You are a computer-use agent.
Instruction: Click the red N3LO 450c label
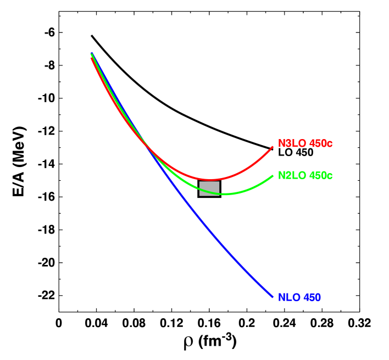pos(305,143)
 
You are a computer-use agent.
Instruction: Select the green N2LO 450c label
pos(305,176)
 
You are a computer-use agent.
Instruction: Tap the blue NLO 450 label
pos(299,297)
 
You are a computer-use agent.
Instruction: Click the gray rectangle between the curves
pos(209,188)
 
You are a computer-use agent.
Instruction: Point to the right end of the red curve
pos(273,147)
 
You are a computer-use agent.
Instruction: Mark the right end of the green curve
pos(273,176)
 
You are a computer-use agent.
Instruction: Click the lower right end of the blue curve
pos(273,297)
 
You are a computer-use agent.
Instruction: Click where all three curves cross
pos(147,145)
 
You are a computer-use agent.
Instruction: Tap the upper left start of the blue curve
pos(92,53)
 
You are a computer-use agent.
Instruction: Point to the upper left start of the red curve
pos(91,58)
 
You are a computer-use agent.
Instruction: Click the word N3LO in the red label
pos(292,143)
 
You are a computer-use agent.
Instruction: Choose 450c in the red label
pos(320,143)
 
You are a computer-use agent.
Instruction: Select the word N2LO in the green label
pos(292,176)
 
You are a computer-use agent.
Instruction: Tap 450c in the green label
pos(320,176)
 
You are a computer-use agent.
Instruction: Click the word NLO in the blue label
pos(288,297)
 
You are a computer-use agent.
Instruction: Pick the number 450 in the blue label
pos(312,297)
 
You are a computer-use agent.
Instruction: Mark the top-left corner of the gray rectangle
pos(199,181)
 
